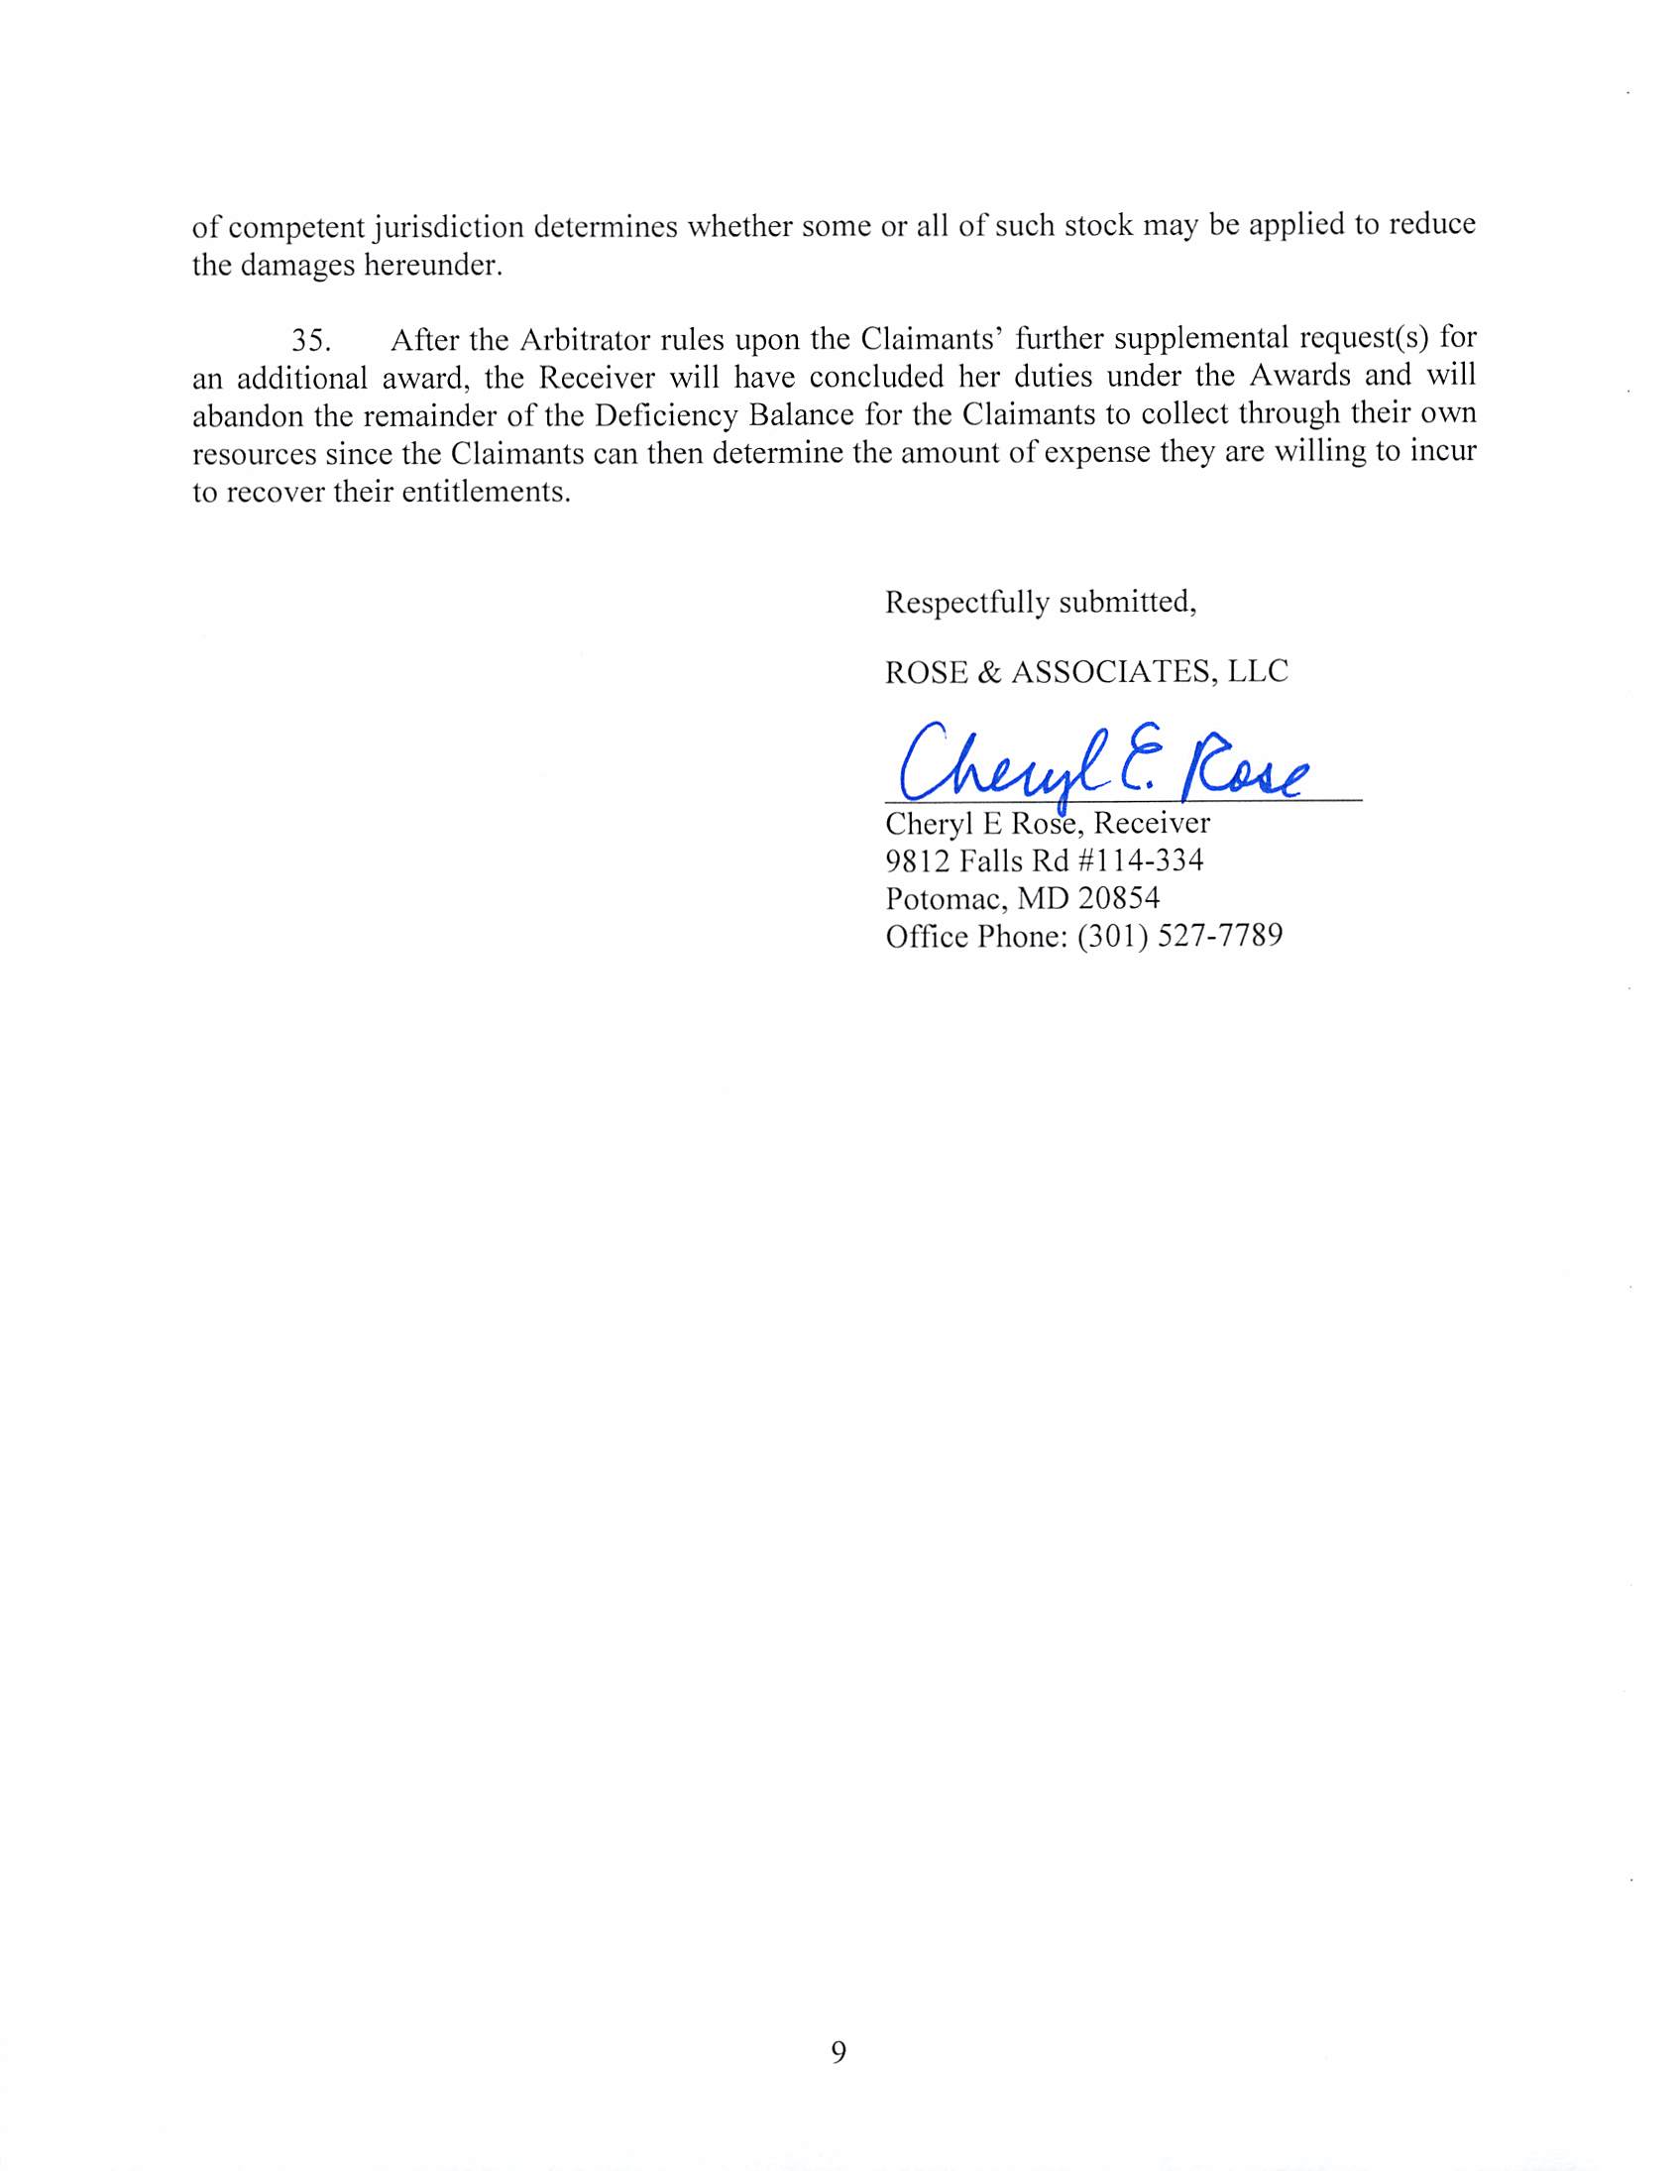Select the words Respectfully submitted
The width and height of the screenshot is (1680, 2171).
1040,603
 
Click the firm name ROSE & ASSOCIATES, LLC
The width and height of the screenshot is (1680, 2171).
1085,672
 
